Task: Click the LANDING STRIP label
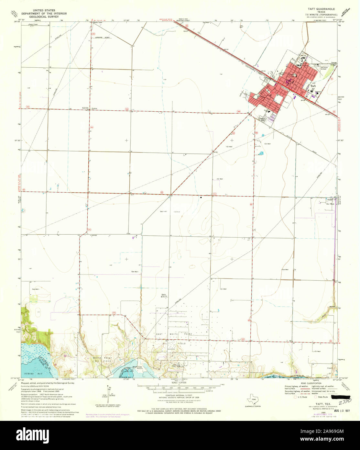point(103,38)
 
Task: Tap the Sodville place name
point(85,108)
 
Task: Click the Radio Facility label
point(164,295)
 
